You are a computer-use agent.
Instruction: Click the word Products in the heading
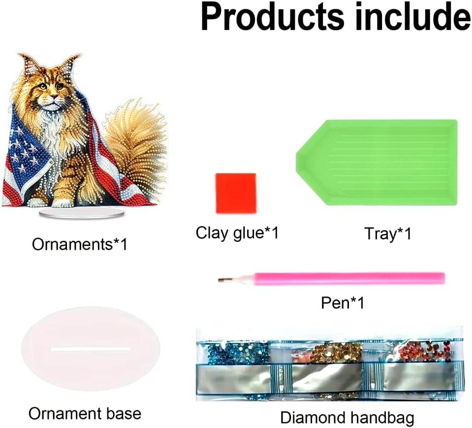click(273, 17)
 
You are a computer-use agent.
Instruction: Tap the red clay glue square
click(236, 193)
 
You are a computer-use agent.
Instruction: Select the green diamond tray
click(377, 162)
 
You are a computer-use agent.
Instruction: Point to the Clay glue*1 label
click(237, 233)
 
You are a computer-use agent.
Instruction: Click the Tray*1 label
click(387, 233)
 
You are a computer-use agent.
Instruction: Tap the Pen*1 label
click(343, 302)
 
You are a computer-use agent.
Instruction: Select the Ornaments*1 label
click(80, 244)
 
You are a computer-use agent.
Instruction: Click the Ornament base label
click(85, 414)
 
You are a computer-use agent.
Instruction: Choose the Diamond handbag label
click(347, 418)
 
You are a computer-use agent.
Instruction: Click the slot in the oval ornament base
click(91, 349)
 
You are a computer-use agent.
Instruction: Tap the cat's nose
click(54, 96)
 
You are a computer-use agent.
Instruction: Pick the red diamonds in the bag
click(424, 352)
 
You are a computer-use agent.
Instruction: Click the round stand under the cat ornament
click(82, 213)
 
